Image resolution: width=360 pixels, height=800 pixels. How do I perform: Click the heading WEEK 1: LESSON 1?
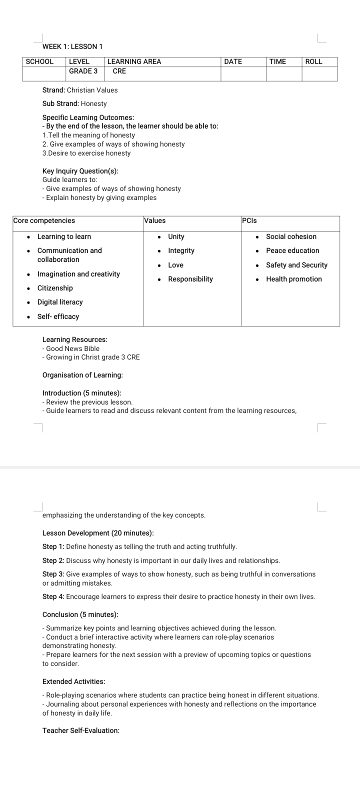[x=72, y=46]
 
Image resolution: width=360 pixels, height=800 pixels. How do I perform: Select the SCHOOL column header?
[x=39, y=61]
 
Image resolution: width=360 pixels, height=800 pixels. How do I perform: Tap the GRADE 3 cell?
[x=83, y=71]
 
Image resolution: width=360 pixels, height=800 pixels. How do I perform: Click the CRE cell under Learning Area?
[x=119, y=71]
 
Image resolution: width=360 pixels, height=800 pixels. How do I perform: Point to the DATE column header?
[x=233, y=61]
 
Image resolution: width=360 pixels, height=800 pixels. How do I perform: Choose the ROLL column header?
[x=314, y=61]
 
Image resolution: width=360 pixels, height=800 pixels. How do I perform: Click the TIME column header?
[x=277, y=61]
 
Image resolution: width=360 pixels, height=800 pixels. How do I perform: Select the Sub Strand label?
[x=60, y=103]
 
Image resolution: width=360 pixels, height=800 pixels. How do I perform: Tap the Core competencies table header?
[x=44, y=220]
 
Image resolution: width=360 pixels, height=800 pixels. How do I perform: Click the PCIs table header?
[x=249, y=220]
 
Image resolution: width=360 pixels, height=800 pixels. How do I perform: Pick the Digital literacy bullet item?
[x=60, y=302]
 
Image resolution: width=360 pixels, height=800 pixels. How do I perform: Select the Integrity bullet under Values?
[x=181, y=250]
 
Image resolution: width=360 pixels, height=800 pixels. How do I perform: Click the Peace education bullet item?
[x=292, y=250]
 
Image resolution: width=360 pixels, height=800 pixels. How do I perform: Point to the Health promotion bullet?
[x=294, y=279]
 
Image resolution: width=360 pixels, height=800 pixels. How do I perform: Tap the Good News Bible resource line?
[x=72, y=348]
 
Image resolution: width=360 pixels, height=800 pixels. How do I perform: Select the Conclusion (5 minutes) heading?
[x=80, y=614]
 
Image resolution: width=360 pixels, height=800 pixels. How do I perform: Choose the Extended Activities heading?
[x=74, y=681]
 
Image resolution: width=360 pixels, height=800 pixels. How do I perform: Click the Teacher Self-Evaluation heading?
[x=81, y=730]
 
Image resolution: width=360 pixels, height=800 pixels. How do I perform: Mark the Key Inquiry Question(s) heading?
[x=80, y=171]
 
